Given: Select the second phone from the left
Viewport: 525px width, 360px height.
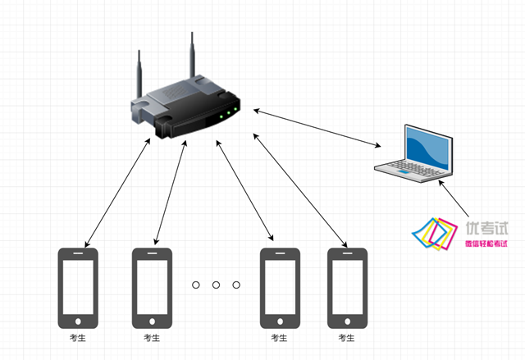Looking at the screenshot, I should [x=152, y=287].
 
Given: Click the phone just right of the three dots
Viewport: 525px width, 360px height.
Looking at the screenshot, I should [x=280, y=287].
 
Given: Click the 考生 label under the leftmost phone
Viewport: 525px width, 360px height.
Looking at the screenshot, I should [x=78, y=337].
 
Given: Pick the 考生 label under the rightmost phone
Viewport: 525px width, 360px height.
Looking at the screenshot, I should [x=347, y=337].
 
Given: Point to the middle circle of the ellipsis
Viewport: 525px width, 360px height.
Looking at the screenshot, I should [x=216, y=285].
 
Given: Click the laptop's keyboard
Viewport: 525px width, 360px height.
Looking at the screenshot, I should [x=404, y=167].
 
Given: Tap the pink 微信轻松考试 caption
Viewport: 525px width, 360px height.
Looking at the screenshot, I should [x=486, y=244].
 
